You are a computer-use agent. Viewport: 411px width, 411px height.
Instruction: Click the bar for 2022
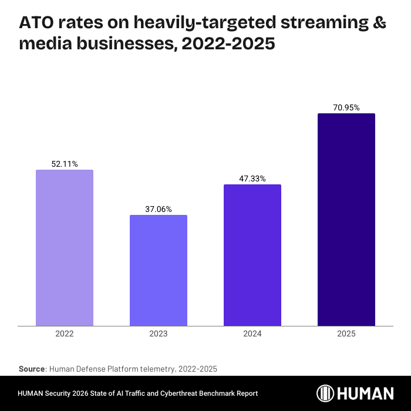click(65, 248)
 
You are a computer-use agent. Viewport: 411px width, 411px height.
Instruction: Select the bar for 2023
click(159, 270)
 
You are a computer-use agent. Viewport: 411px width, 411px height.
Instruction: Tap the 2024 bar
click(252, 255)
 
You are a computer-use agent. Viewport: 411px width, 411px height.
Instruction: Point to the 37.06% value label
click(159, 209)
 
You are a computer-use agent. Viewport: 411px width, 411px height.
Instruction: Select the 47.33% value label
click(252, 178)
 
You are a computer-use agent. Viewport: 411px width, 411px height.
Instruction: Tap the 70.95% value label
click(346, 107)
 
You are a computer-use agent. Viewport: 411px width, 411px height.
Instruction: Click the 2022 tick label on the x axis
click(65, 333)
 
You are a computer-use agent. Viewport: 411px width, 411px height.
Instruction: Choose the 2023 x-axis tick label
click(159, 333)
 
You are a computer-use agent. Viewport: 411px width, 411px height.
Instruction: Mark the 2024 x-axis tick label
click(252, 333)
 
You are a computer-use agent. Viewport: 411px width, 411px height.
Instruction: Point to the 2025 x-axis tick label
click(346, 333)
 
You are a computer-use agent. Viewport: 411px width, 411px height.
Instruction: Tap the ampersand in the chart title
click(379, 23)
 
